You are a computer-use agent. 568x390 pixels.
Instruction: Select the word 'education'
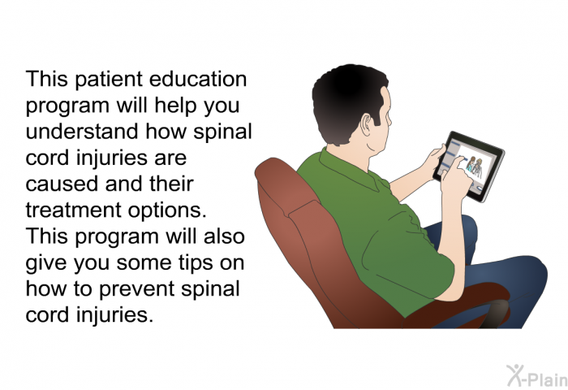[x=198, y=79]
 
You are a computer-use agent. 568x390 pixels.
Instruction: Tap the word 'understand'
[x=82, y=132]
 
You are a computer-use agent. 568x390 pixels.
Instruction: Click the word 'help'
[x=176, y=106]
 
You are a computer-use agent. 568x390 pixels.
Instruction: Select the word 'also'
[x=224, y=236]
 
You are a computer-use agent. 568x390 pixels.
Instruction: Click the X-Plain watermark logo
[x=537, y=375]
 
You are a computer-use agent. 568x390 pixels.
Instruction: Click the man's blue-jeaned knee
[x=529, y=272]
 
